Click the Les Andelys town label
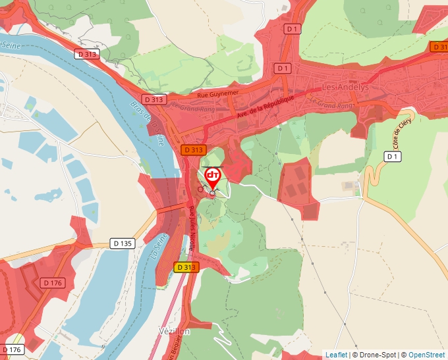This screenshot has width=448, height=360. pos(346,87)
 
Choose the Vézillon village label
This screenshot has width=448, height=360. pos(174,331)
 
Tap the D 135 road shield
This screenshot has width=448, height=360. pos(123,244)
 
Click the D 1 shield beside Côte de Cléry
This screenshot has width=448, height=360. pos(393,157)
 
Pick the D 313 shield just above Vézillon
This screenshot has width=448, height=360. pos(186,267)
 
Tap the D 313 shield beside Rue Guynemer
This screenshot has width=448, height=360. pos(153,99)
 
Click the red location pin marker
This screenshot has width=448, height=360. pos(212,178)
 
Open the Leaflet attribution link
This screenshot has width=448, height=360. pos(336,355)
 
